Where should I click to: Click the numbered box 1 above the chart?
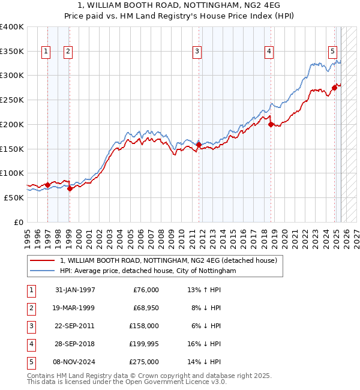point(46,52)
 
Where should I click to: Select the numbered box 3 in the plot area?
point(197,52)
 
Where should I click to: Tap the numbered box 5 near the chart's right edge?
point(332,52)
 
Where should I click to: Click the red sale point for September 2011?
point(199,145)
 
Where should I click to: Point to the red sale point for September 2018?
point(271,124)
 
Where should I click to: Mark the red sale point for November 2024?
point(334,88)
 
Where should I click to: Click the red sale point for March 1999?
point(70,188)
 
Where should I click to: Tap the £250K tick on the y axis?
point(12,100)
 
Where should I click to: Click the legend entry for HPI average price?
point(148,271)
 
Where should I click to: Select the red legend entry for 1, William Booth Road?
point(168,261)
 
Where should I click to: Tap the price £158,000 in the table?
point(145,326)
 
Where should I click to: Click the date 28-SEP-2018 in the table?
point(74,344)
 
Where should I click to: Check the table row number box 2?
point(30,308)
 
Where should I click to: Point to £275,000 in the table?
point(145,362)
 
